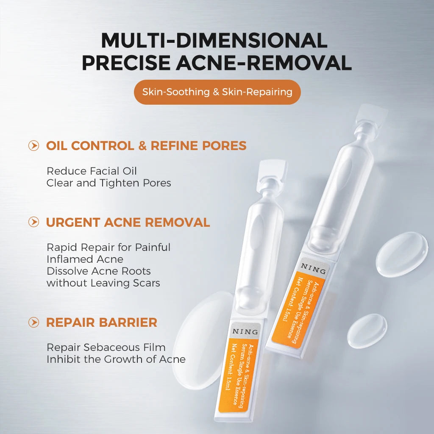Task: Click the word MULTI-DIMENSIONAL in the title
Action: [214, 41]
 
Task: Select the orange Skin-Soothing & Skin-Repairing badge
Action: [217, 92]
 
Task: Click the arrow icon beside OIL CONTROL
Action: [34, 146]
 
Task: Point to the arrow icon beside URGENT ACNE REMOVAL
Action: [34, 222]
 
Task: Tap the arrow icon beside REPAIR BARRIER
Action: [34, 322]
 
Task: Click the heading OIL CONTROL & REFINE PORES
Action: [146, 146]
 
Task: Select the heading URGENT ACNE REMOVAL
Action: [128, 222]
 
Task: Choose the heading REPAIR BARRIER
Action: [101, 322]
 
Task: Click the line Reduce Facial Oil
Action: [92, 171]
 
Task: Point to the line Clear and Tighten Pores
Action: [108, 183]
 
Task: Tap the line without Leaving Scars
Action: [103, 283]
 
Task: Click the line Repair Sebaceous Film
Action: [106, 348]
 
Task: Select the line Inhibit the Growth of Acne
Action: [116, 359]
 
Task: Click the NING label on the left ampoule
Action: [245, 331]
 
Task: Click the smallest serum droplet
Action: [367, 331]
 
